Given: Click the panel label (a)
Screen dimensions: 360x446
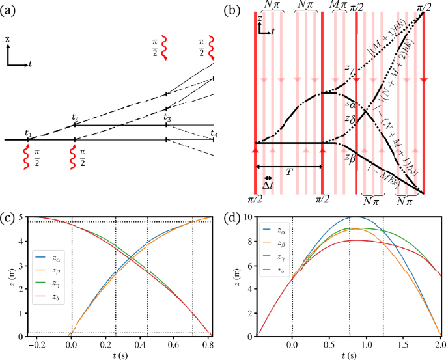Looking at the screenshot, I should [8, 11].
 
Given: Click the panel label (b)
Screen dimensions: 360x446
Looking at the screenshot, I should [232, 11].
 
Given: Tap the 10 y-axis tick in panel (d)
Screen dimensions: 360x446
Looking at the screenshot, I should [249, 217].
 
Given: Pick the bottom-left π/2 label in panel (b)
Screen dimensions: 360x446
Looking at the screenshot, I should [255, 198].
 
